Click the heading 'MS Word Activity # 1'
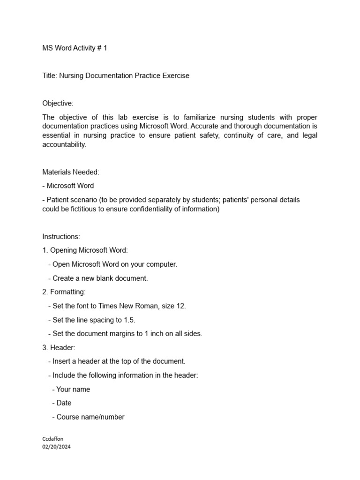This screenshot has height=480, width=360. (x=75, y=48)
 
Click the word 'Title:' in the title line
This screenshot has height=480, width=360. (x=50, y=75)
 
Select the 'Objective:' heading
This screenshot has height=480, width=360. (x=58, y=103)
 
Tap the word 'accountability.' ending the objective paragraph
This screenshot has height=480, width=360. (x=64, y=145)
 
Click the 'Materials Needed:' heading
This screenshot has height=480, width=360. (x=71, y=172)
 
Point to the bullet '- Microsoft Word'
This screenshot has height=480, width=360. (x=68, y=186)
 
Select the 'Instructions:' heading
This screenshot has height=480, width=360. (x=61, y=237)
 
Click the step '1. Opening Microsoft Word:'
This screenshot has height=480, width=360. (x=85, y=250)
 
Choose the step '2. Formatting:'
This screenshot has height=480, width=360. (x=64, y=292)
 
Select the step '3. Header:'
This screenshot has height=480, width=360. (x=58, y=347)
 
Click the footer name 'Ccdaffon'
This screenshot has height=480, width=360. (x=52, y=439)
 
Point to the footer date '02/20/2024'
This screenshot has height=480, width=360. (x=56, y=447)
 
